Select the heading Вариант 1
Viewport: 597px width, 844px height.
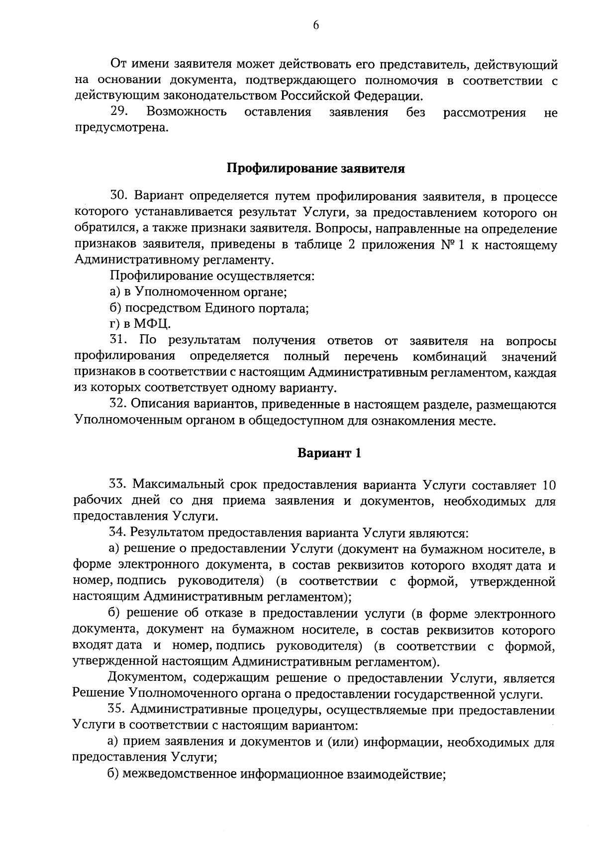(329, 453)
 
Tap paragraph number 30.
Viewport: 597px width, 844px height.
(120, 197)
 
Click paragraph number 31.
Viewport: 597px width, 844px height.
(119, 341)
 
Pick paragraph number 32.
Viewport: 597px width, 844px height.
(119, 405)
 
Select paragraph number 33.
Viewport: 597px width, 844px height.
(119, 484)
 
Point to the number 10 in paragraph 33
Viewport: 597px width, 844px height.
(546, 484)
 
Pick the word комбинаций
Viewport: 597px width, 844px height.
(449, 357)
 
